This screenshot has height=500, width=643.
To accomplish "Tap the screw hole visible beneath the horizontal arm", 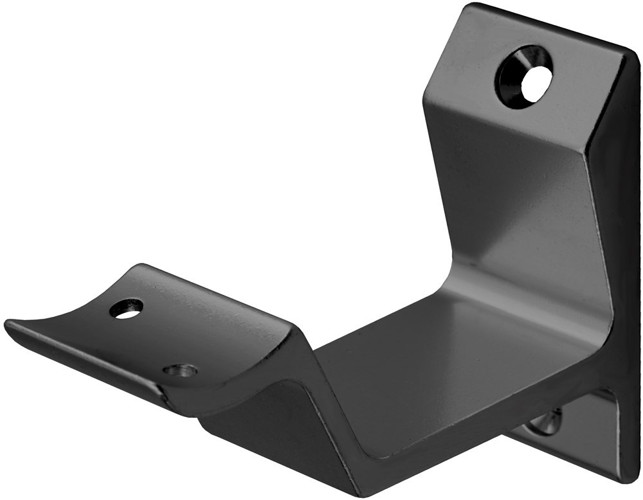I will point(547,422).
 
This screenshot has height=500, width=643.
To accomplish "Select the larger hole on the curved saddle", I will point(126,309).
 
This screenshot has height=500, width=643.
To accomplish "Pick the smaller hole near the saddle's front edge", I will point(180,370).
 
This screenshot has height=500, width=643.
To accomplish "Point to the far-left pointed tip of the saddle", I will point(8,323).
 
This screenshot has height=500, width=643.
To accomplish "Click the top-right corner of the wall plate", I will point(633,53).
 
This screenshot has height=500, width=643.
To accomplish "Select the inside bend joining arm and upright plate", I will point(489,283).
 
